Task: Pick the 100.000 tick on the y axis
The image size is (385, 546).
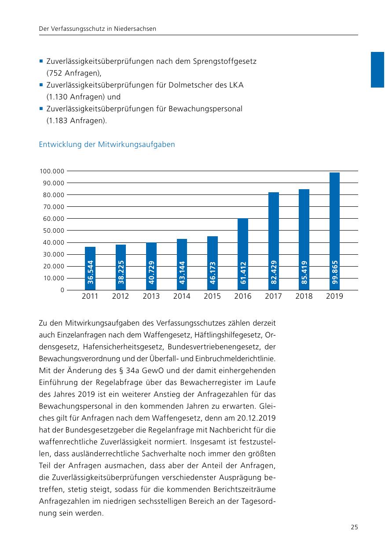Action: point(52,171)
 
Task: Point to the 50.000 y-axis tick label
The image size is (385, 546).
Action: point(52,231)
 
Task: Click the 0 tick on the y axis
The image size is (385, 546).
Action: point(62,290)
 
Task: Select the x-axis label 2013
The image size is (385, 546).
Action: point(151,297)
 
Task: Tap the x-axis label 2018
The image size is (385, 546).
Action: point(304,297)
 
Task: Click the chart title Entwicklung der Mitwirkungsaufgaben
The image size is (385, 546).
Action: point(107,144)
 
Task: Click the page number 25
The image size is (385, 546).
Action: point(354,527)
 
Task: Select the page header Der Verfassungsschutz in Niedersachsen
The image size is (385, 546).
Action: point(98,29)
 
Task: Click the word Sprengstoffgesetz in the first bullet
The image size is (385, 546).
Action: point(224,61)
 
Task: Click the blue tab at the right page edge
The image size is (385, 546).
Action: point(378,70)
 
